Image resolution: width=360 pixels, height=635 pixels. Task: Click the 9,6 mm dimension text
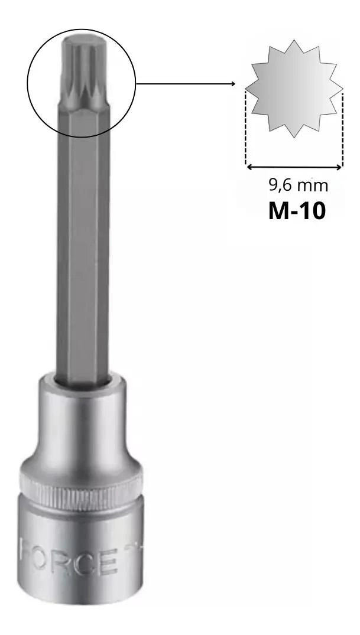point(298,185)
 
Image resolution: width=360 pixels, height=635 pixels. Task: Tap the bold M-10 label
point(297,211)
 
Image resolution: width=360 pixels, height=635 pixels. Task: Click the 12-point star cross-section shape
point(294,89)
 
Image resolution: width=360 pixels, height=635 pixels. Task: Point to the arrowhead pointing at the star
point(233,84)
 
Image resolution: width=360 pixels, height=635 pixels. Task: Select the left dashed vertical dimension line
point(245,127)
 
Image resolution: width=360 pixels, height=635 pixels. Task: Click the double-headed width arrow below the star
point(294,167)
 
